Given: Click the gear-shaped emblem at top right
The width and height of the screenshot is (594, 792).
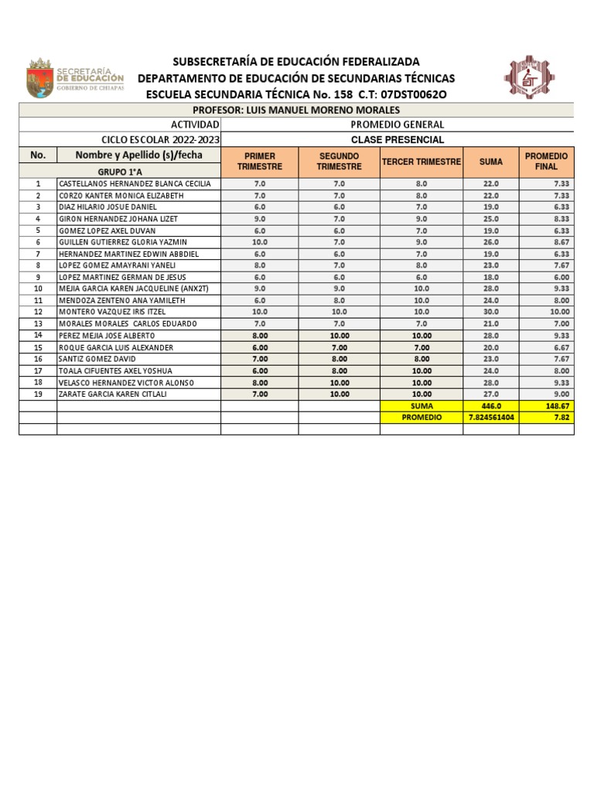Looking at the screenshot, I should click(x=529, y=77).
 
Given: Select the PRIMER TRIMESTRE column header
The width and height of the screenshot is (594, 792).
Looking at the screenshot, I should click(x=260, y=161).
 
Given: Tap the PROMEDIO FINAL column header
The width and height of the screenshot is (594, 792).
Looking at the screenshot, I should click(x=546, y=161).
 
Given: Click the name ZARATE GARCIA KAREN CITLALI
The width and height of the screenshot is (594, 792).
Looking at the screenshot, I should click(x=113, y=394).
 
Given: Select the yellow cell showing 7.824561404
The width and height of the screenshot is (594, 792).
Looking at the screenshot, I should click(x=491, y=417).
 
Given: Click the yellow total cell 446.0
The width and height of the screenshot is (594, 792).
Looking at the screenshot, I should click(x=491, y=405).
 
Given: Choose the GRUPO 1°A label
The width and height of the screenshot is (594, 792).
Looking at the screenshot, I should click(x=119, y=172).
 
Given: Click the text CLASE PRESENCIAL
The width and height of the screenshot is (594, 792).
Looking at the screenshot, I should click(x=398, y=140).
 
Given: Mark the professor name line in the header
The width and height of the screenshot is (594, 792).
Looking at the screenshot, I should click(x=296, y=111).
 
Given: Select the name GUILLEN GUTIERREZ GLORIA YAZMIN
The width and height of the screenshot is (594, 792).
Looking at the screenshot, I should click(x=123, y=242).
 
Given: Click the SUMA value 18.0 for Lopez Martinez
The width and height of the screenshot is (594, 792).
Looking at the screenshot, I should click(x=491, y=277).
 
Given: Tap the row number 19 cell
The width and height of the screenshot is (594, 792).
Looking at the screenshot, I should click(x=38, y=394).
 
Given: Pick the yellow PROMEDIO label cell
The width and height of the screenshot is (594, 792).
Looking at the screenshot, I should click(x=422, y=417).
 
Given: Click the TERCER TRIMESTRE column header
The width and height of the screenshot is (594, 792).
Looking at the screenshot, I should click(x=422, y=162).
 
